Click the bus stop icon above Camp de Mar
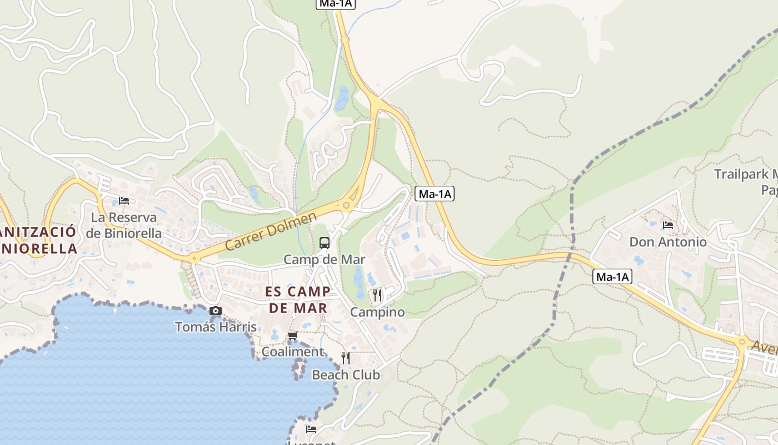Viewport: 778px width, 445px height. click(x=325, y=243)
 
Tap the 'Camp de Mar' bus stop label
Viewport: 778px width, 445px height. click(x=325, y=260)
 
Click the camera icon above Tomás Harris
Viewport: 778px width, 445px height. click(x=216, y=311)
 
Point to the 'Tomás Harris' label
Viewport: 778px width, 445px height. click(x=216, y=327)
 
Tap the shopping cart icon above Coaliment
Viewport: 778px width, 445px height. click(x=292, y=336)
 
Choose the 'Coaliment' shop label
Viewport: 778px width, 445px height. click(x=292, y=352)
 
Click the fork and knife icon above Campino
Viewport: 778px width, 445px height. click(x=377, y=295)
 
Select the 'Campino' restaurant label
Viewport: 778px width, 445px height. click(x=377, y=312)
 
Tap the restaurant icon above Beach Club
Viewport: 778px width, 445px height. click(x=346, y=358)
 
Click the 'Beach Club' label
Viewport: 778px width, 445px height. click(x=346, y=375)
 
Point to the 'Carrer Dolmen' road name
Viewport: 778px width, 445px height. click(x=271, y=231)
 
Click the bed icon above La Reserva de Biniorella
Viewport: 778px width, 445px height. click(x=124, y=200)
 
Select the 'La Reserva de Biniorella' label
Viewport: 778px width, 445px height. click(x=124, y=225)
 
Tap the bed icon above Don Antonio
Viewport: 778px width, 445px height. click(x=668, y=225)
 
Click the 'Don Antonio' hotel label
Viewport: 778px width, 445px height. click(x=668, y=243)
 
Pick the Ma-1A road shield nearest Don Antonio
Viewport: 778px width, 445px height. click(x=612, y=276)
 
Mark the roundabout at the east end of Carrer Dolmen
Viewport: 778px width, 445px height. click(x=347, y=205)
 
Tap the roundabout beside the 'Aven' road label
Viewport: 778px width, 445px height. click(x=741, y=342)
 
